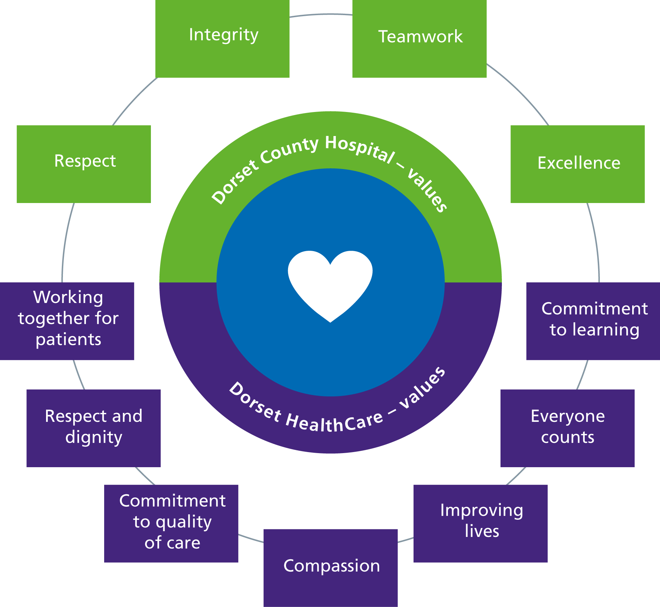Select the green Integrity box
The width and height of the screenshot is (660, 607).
[x=222, y=39]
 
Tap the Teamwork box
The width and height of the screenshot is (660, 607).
[x=419, y=39]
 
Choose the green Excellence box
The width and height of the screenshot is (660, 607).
[x=577, y=164]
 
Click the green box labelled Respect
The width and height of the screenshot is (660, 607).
[x=84, y=164]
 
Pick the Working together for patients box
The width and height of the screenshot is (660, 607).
[x=67, y=321]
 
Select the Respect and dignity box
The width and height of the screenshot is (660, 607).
[x=93, y=428]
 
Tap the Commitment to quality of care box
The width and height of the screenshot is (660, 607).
[x=171, y=524]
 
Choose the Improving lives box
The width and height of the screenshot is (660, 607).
[x=481, y=524]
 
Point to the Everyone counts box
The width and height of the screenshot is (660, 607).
[x=568, y=428]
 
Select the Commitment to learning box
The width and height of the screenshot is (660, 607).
[x=593, y=321]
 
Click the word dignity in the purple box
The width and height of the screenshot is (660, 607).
[x=94, y=438]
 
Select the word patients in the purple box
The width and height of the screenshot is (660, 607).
[x=68, y=340]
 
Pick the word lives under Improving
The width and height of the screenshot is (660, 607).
[x=482, y=531]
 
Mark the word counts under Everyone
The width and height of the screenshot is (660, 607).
[x=568, y=438]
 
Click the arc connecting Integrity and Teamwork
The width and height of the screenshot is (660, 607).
[x=321, y=14]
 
